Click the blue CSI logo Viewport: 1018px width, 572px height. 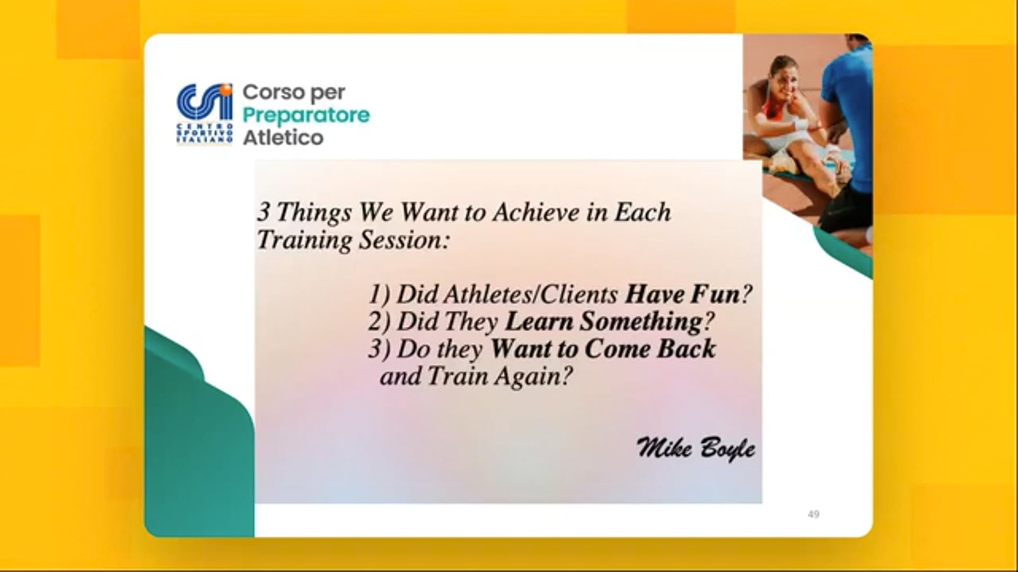click(205, 114)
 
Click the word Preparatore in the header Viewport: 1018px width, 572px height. click(306, 115)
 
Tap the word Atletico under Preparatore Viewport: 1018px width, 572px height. click(283, 138)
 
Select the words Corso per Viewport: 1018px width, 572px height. click(294, 92)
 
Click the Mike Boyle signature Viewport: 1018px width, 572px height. click(696, 449)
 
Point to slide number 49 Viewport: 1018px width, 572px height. click(813, 514)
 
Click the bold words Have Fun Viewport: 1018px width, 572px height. click(683, 294)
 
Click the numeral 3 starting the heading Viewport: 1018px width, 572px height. click(263, 213)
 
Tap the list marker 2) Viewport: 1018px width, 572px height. click(380, 322)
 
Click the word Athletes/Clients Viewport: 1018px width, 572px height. click(507, 294)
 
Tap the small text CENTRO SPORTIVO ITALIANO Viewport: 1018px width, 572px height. click(204, 134)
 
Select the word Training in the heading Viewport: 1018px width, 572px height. click(304, 240)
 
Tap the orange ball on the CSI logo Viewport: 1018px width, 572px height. click(227, 90)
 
